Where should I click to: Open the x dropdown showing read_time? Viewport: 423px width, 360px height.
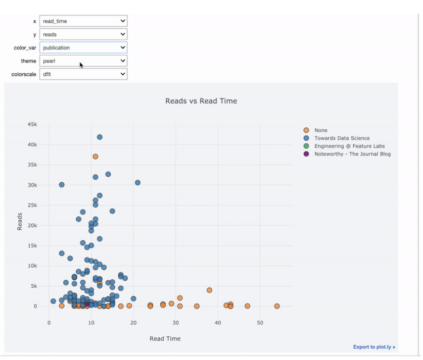(x=83, y=21)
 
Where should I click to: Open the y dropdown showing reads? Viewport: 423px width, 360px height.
(x=83, y=35)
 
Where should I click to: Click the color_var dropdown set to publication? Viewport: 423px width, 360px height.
(x=83, y=48)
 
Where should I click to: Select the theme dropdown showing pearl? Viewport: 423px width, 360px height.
(x=83, y=61)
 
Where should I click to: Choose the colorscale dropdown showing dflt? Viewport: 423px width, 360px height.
(x=83, y=74)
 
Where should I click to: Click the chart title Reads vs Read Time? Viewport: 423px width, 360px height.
(x=201, y=101)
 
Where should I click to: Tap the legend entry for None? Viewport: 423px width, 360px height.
(x=321, y=130)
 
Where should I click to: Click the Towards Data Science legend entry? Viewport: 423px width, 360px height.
(x=342, y=138)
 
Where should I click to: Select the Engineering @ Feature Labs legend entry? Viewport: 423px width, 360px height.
(x=349, y=146)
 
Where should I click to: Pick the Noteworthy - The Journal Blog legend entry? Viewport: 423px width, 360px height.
(x=352, y=154)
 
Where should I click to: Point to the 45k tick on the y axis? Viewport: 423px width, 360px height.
(x=32, y=124)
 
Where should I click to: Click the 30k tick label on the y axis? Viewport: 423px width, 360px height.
(x=32, y=185)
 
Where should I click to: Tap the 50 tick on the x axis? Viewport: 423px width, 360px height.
(x=260, y=323)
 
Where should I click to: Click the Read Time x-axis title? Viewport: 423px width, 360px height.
(x=165, y=339)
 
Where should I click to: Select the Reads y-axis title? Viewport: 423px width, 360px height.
(x=20, y=221)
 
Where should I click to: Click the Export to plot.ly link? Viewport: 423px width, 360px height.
(x=374, y=347)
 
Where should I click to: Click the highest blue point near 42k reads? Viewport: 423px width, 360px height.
(x=99, y=137)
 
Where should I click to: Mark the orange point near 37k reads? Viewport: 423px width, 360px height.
(x=95, y=156)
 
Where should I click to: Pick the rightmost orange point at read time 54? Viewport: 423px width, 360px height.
(x=277, y=306)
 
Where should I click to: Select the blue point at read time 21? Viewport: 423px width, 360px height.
(x=138, y=183)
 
